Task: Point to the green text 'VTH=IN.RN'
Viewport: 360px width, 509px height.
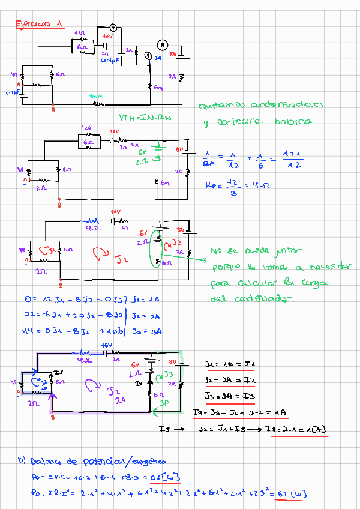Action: pyautogui.click(x=145, y=118)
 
